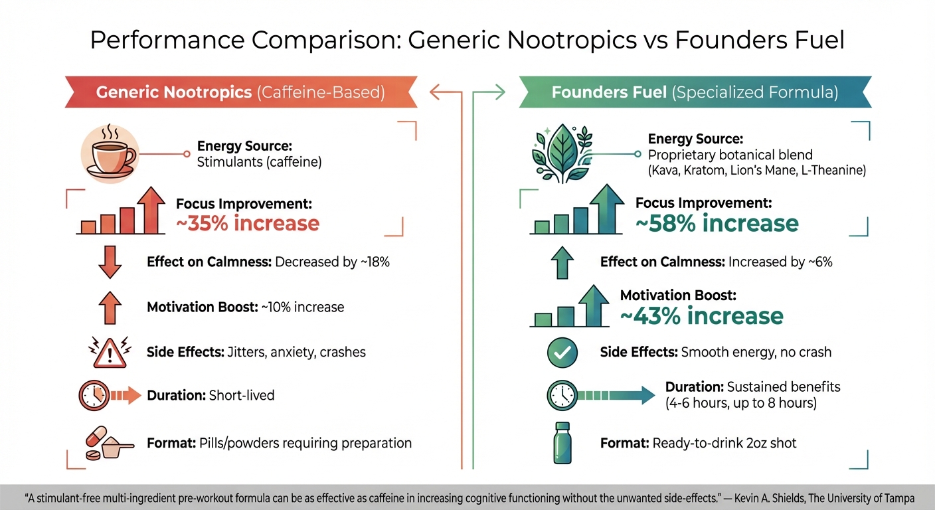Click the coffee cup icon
109,154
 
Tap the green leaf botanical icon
561,155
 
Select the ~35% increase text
248,223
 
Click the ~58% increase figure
717,223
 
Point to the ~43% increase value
701,315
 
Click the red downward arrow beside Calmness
110,262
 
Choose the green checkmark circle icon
558,352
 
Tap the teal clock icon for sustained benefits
561,396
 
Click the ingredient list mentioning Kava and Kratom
756,171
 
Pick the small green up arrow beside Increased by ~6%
561,262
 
